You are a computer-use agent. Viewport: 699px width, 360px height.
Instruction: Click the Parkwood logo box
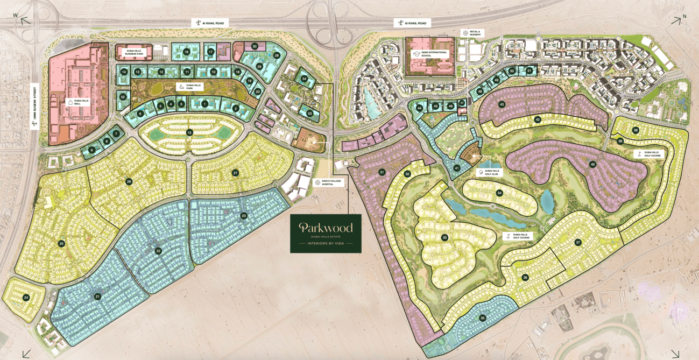click(326, 234)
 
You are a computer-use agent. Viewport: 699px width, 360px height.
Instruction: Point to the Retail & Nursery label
click(472, 33)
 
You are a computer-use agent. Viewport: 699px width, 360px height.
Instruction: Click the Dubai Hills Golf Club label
click(492, 172)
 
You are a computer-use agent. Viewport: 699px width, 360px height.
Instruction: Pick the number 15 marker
click(189, 132)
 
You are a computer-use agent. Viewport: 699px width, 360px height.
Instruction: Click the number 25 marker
click(61, 244)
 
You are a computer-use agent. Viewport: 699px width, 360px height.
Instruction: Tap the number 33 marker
click(444, 237)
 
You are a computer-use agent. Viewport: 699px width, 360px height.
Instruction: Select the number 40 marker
click(592, 164)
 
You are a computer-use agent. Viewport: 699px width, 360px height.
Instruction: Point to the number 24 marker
click(26, 297)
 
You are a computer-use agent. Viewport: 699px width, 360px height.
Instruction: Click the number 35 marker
click(482, 318)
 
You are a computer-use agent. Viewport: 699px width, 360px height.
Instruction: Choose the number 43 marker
click(502, 104)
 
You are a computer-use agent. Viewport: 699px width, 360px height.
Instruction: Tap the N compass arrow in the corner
click(677, 20)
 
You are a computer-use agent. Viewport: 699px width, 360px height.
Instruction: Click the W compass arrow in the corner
click(24, 21)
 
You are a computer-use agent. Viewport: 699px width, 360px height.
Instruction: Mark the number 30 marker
click(255, 47)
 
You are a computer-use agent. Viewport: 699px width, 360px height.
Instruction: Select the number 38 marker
click(636, 130)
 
